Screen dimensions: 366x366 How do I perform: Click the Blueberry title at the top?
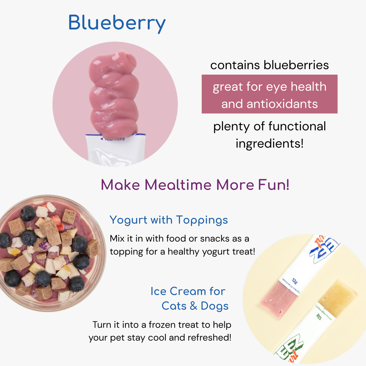tap(117, 23)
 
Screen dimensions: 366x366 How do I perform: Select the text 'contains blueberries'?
tap(269, 65)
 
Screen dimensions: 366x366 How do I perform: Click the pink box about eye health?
tap(269, 94)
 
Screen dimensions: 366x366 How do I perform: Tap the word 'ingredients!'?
tap(269, 143)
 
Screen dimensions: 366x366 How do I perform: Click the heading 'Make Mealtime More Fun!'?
tap(195, 185)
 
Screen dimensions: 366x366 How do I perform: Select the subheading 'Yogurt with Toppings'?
tap(169, 220)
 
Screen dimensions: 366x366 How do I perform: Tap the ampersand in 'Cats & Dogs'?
tap(194, 306)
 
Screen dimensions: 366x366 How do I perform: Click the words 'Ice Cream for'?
tap(188, 291)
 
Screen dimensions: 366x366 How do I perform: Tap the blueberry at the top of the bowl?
tap(28, 213)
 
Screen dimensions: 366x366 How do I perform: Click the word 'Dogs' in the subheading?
tap(215, 306)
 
